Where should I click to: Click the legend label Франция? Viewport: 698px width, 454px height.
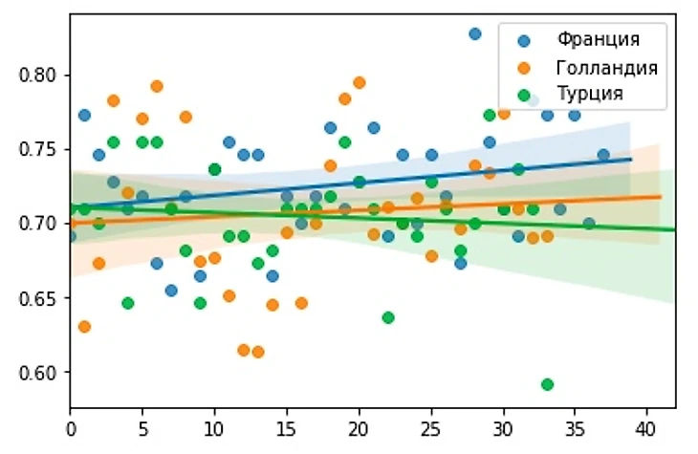[x=598, y=40]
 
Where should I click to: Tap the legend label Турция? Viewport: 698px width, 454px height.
[x=590, y=94]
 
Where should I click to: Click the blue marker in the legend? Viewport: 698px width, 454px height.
[x=522, y=40]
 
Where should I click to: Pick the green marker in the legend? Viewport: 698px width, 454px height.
[x=522, y=94]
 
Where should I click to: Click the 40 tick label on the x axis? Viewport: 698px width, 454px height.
[x=646, y=423]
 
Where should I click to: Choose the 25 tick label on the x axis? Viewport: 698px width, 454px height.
[x=430, y=423]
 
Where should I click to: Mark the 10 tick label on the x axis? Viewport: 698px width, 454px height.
[x=214, y=423]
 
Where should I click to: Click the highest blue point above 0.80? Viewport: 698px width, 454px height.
[x=474, y=33]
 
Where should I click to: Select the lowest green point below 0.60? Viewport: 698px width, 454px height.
[x=547, y=384]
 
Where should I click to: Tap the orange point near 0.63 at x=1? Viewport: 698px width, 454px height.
[x=84, y=327]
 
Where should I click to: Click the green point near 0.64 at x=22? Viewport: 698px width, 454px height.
[x=388, y=317]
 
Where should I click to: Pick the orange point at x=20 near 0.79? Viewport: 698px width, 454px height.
[x=360, y=83]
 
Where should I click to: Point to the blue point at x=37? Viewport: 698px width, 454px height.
[x=603, y=155]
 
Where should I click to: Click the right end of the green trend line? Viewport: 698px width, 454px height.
[x=675, y=229]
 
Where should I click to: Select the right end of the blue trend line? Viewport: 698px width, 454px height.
[x=631, y=159]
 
